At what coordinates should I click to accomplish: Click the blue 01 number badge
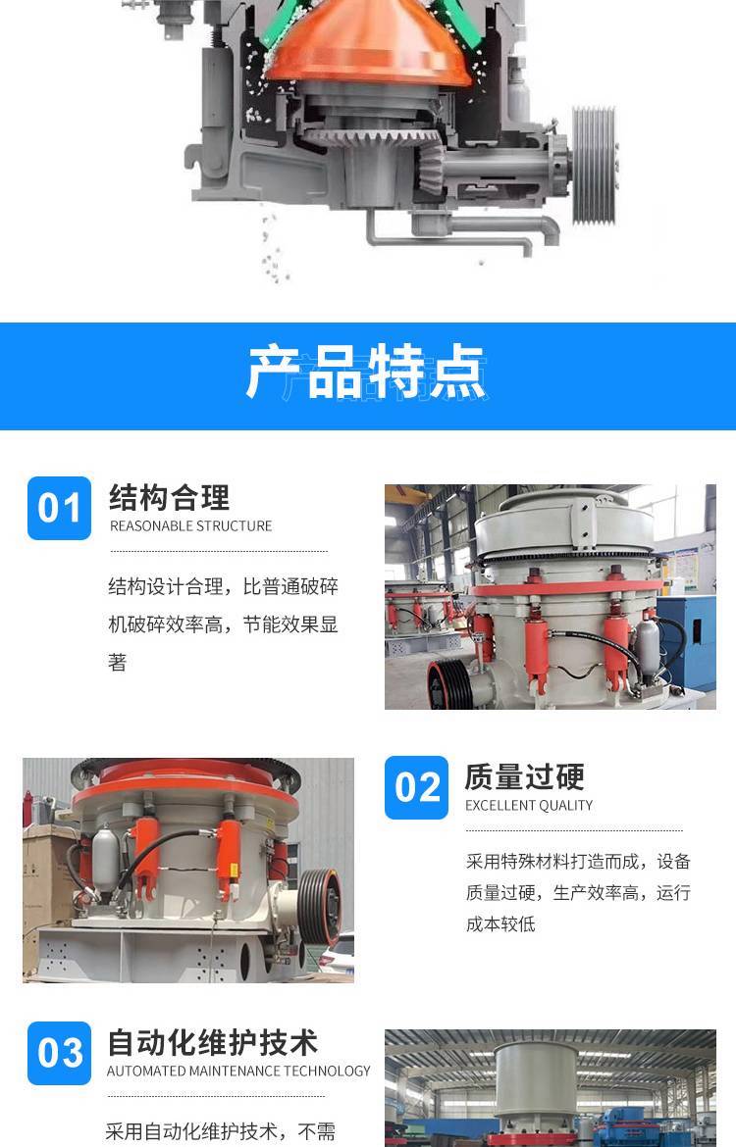59,509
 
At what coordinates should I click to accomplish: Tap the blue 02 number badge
417,787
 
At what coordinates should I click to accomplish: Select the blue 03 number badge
59,1053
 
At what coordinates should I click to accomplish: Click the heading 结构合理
169,498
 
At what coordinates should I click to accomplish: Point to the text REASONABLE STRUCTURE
190,525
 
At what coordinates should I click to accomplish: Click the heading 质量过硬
524,776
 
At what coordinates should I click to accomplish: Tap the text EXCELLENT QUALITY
529,806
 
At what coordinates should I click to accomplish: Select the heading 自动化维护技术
212,1042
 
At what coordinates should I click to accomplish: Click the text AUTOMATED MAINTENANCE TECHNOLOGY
238,1071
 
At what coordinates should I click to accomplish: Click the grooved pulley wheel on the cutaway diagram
594,165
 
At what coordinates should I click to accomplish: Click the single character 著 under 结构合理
117,663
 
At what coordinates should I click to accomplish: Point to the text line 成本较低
500,924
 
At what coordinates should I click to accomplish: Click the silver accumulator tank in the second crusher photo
105,859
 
